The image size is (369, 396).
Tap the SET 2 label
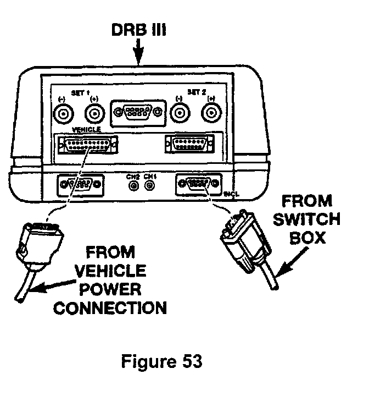196,93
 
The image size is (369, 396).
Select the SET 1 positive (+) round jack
95,114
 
